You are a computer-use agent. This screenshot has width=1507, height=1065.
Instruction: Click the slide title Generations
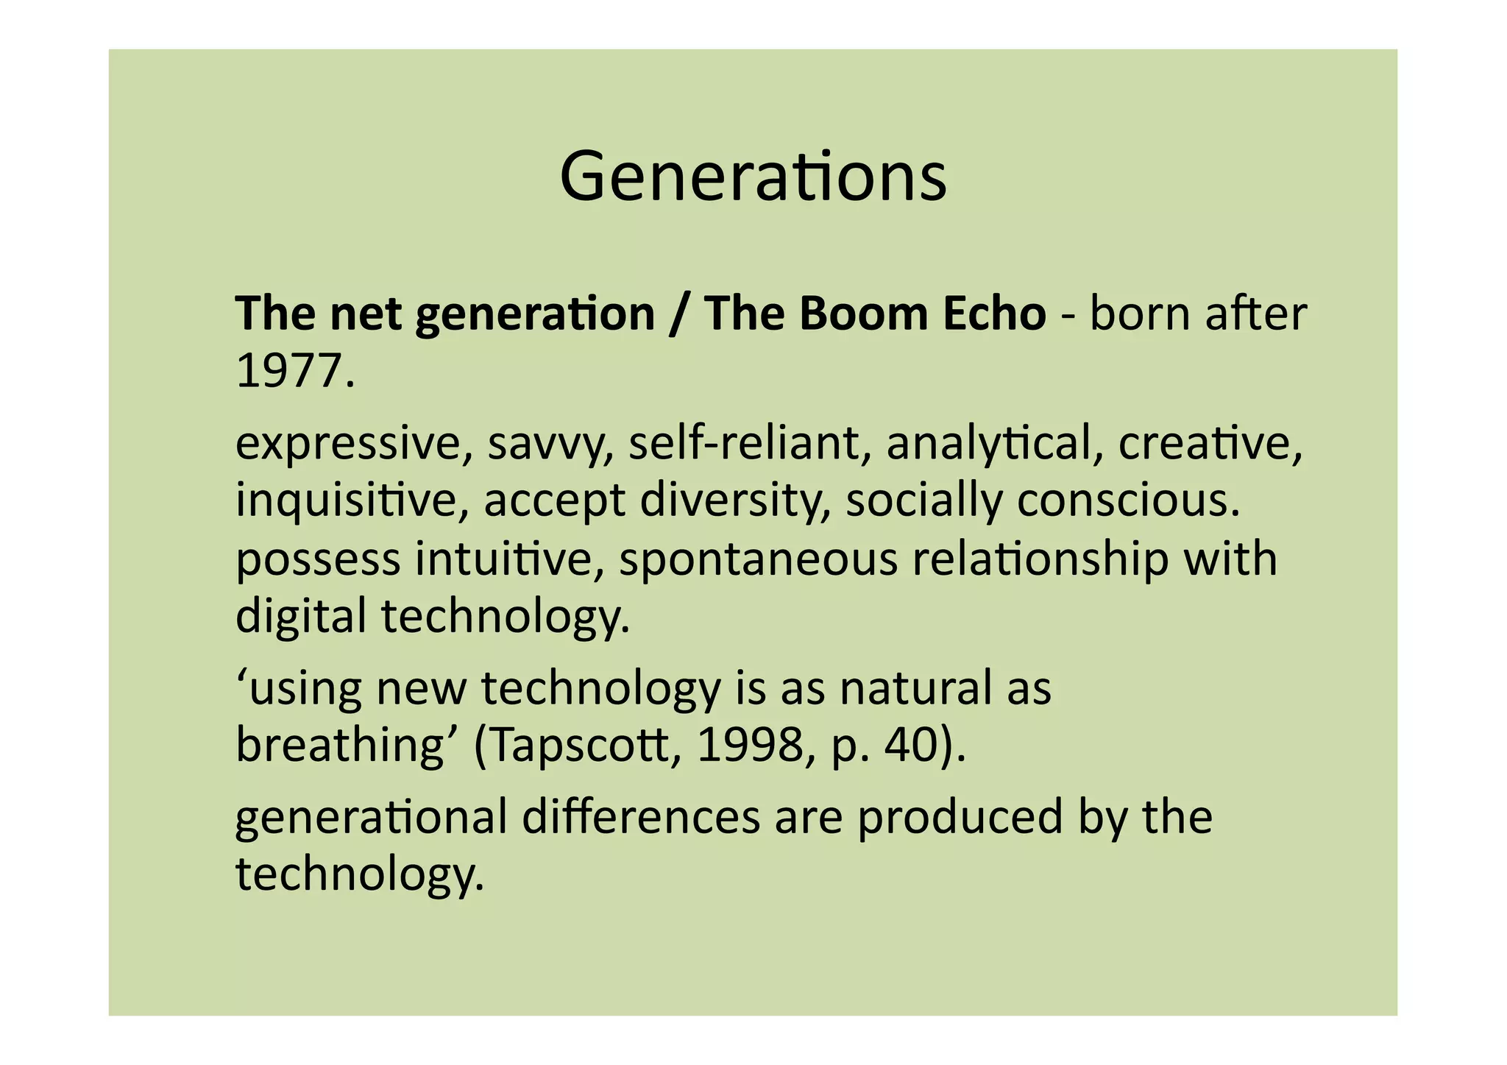[753, 177]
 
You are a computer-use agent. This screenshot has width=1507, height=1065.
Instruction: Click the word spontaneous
[759, 559]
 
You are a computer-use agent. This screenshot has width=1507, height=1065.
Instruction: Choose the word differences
[641, 817]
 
